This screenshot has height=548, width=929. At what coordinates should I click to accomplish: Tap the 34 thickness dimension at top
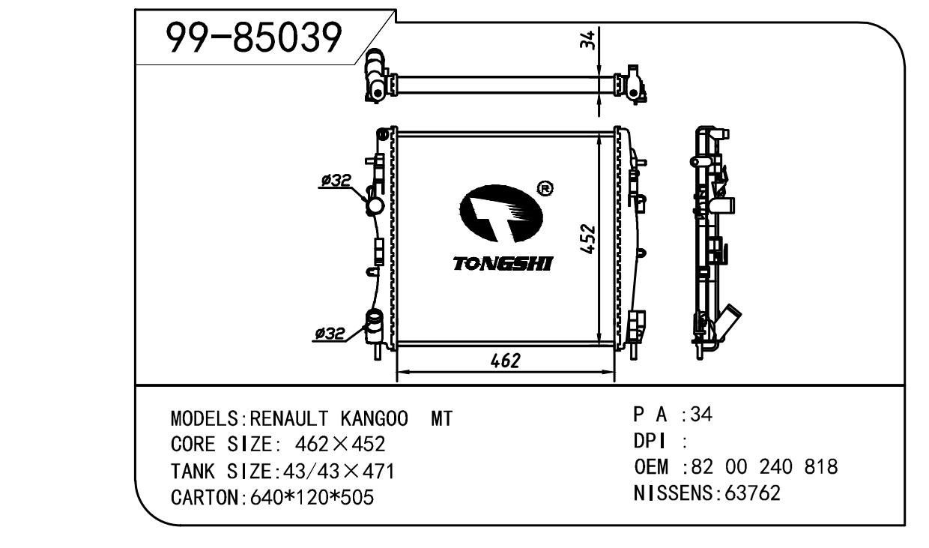coord(587,40)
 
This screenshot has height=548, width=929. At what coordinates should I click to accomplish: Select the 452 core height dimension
coord(587,238)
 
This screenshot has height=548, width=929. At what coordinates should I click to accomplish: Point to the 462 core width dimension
coord(505,361)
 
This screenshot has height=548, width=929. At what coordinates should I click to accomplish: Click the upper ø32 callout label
coord(336,181)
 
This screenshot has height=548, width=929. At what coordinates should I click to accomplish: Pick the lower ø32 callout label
coord(330,333)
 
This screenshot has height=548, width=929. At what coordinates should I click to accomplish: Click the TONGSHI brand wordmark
coord(503,264)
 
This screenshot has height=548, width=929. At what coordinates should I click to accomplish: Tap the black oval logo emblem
coord(501,213)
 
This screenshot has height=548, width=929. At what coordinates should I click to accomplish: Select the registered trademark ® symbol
coord(545,189)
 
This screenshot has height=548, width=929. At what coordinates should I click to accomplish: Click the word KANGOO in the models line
coord(375,418)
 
